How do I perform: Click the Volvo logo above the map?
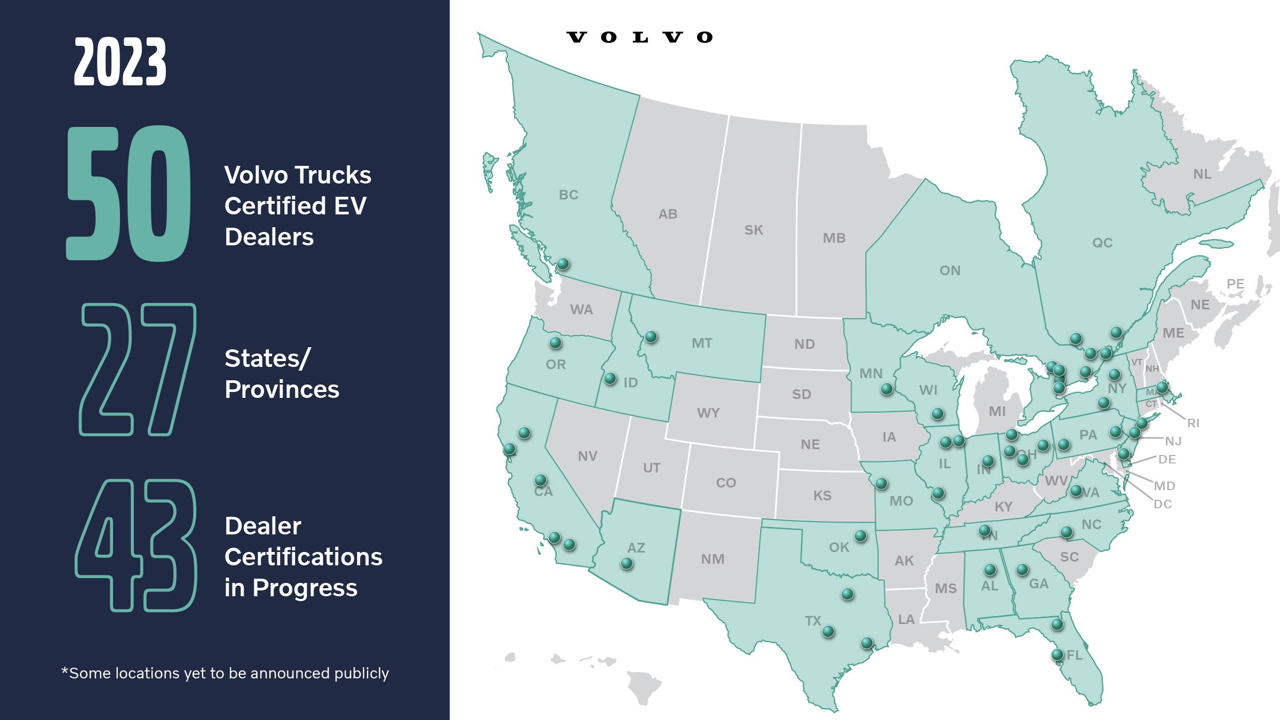tap(639, 37)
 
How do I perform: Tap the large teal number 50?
tap(128, 194)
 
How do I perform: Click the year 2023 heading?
tap(120, 62)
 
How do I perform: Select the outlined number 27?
tap(138, 370)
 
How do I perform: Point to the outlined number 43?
tap(137, 545)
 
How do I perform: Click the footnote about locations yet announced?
tap(225, 673)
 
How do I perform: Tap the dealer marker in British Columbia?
tap(563, 263)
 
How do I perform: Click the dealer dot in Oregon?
tap(555, 342)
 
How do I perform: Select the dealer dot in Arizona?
tap(627, 563)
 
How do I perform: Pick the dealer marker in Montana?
tap(651, 337)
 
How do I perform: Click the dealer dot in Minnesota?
tap(886, 389)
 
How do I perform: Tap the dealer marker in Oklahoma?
tap(860, 535)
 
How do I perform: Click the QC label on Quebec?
tap(1102, 243)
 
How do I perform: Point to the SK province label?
tap(754, 230)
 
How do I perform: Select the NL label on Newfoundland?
tap(1202, 174)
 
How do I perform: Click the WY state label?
tap(708, 413)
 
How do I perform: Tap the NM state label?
tap(713, 559)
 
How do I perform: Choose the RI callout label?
tap(1193, 423)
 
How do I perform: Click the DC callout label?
tap(1163, 504)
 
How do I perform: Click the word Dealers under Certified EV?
tap(269, 237)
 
